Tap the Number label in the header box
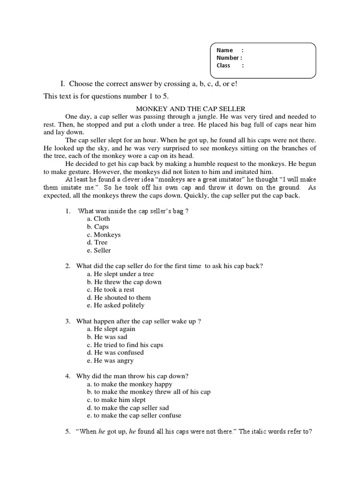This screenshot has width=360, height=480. [229, 58]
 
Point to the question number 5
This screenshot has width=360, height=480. [67, 432]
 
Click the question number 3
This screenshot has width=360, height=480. [67, 321]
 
